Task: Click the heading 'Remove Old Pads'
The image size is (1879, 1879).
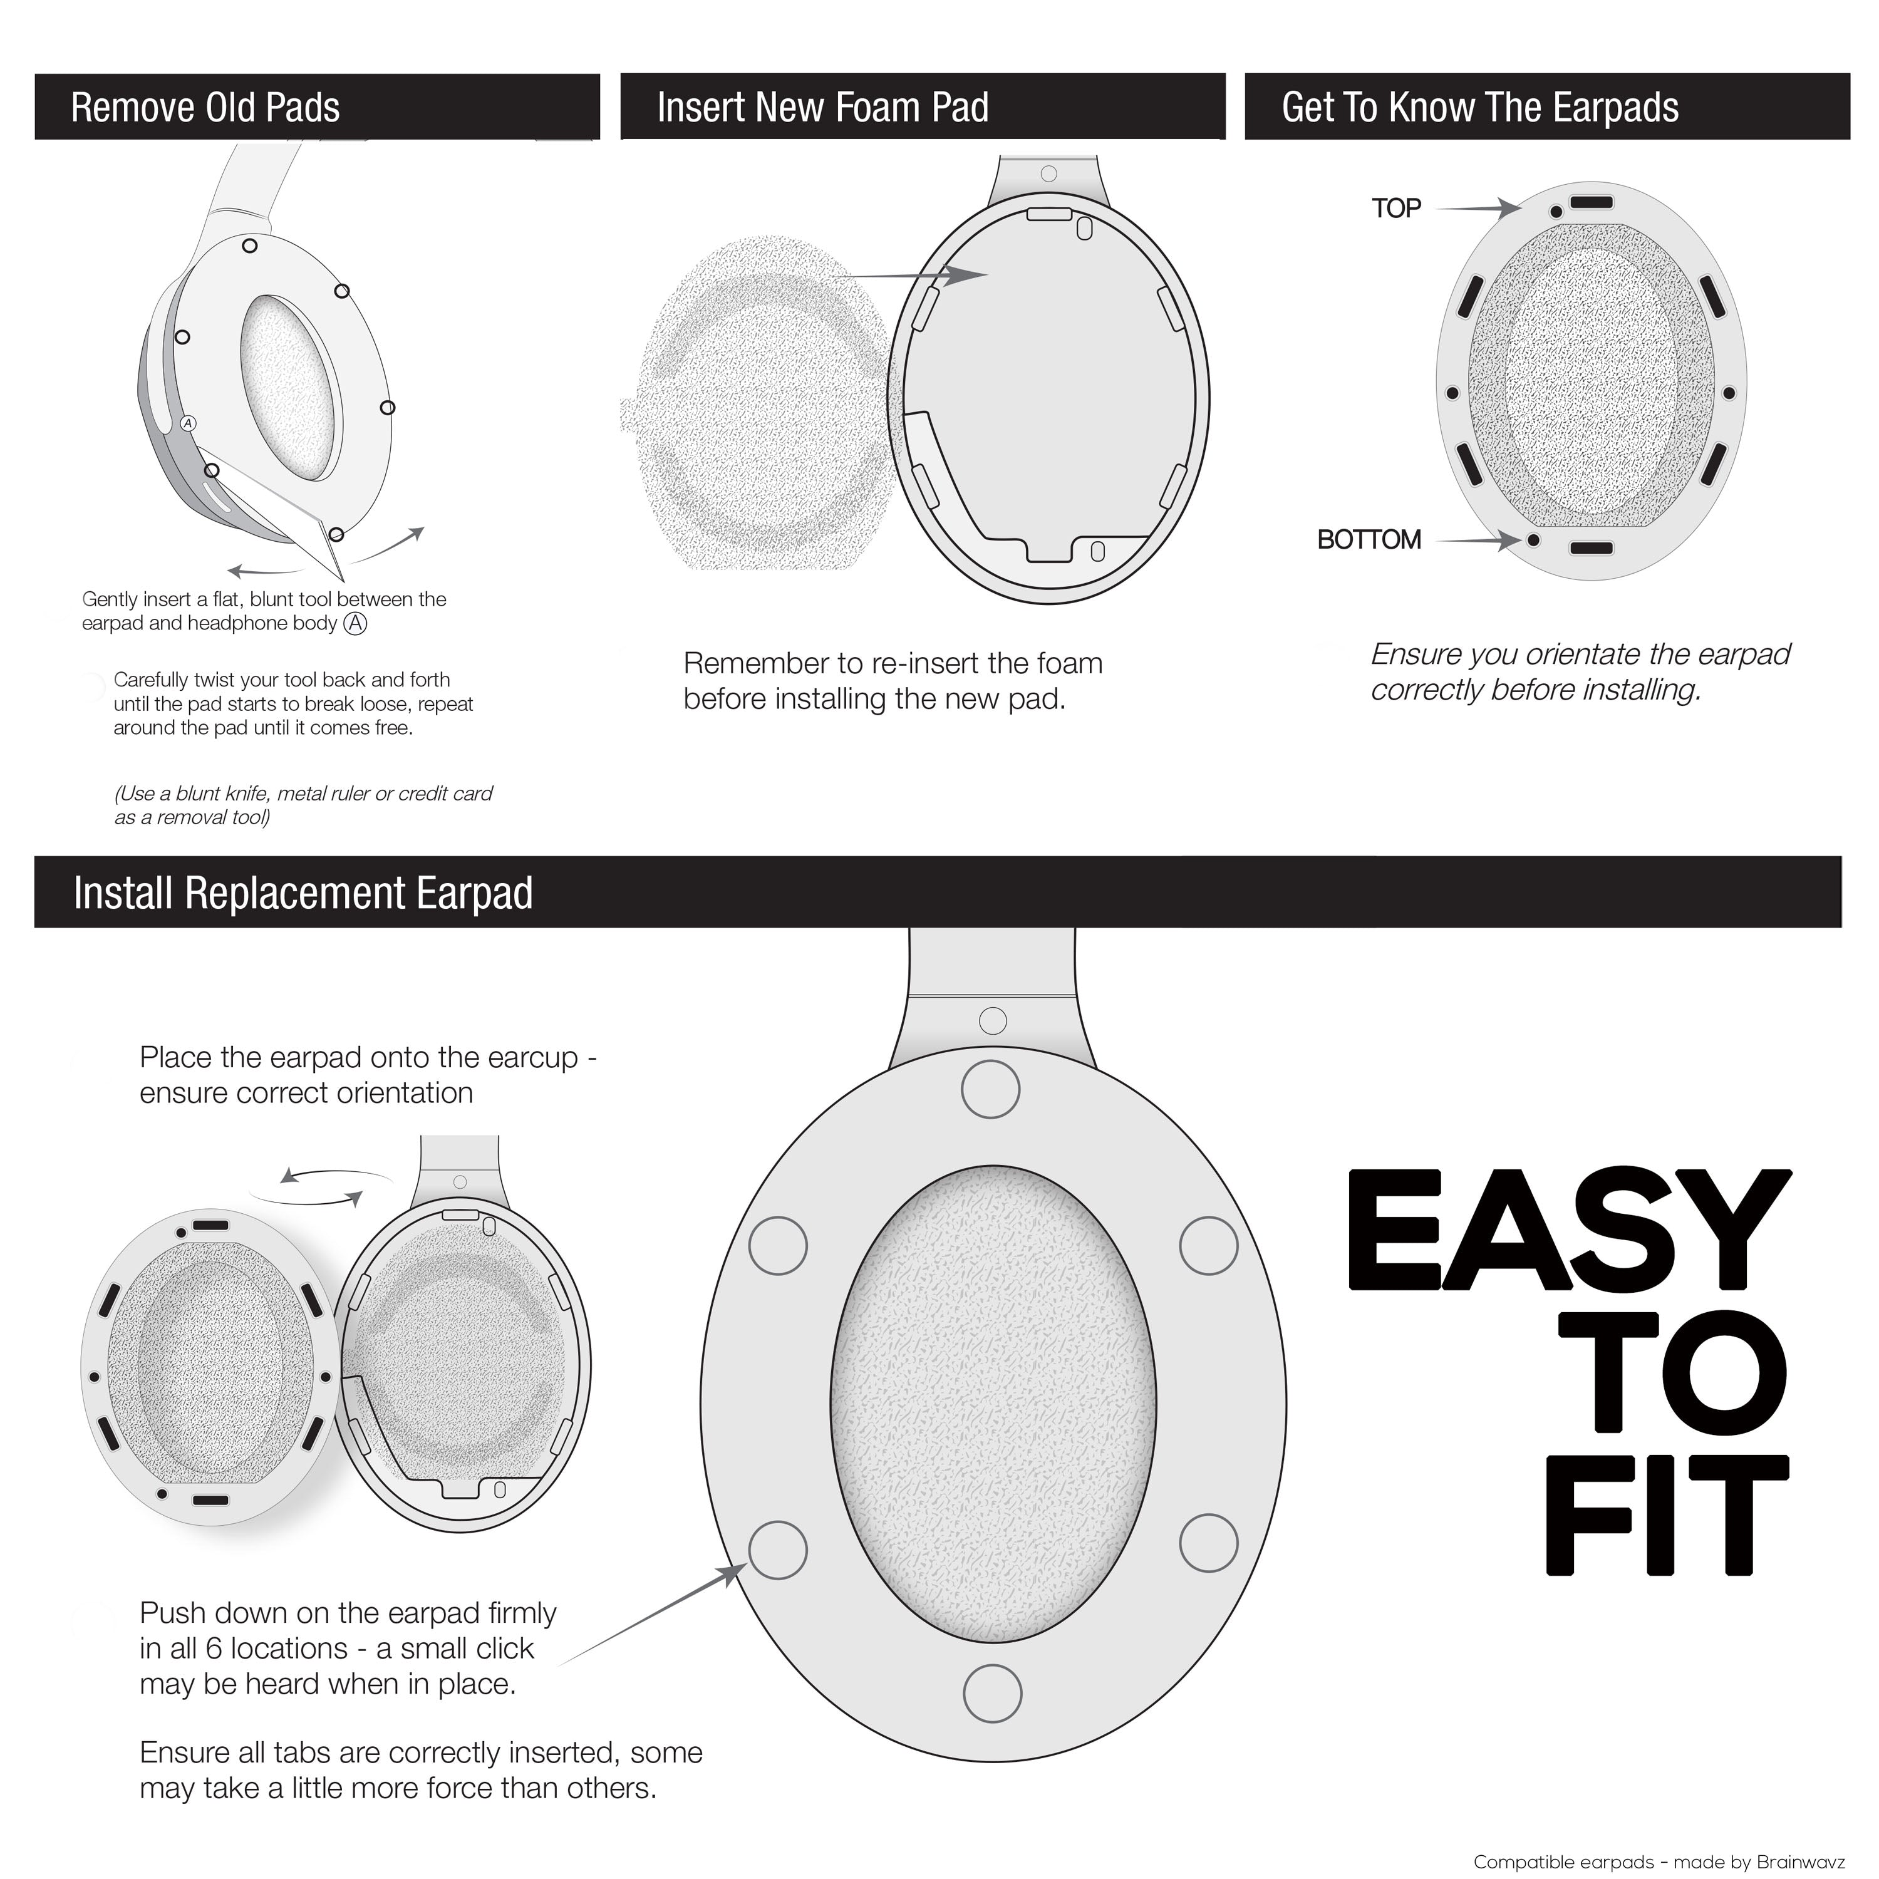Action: (x=205, y=107)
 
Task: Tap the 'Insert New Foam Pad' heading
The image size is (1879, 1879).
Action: (x=823, y=107)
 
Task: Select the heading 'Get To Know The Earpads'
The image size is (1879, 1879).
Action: (x=1480, y=107)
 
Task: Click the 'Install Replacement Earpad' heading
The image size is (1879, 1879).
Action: (x=303, y=893)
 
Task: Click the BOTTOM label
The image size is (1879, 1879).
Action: (x=1369, y=540)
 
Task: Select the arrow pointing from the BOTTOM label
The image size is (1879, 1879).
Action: (x=1478, y=540)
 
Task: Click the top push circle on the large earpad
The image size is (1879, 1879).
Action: (x=990, y=1089)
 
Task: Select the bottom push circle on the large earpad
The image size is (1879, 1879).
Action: (x=992, y=1693)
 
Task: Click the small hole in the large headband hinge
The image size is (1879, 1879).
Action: (x=992, y=1020)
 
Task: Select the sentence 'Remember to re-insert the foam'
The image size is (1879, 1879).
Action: (x=893, y=663)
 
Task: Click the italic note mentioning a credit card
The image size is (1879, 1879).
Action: (x=303, y=805)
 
